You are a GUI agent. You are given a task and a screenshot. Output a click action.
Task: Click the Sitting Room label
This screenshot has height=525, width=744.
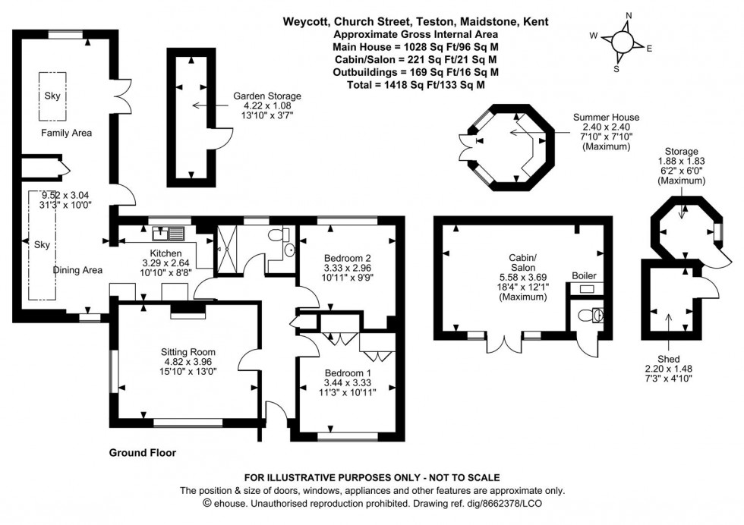[188, 352]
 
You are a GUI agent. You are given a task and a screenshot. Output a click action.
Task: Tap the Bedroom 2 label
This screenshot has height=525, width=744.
[346, 257]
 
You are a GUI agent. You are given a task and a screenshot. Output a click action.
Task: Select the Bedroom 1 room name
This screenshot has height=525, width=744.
[348, 373]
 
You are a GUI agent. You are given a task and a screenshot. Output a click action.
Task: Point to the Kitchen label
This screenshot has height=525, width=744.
[166, 253]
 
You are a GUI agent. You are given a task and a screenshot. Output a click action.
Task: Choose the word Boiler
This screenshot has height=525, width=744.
[584, 275]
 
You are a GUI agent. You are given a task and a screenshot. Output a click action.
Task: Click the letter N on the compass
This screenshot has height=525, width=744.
[629, 15]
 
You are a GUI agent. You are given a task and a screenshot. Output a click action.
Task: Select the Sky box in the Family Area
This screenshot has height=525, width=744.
[52, 96]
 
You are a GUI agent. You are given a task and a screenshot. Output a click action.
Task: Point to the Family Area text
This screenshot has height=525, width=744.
[66, 134]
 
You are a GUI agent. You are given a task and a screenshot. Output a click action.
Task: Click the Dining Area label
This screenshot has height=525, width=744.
[77, 270]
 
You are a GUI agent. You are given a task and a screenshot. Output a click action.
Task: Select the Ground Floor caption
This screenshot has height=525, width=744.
[143, 453]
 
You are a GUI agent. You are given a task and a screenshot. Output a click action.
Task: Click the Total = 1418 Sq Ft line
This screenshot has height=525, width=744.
[415, 85]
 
